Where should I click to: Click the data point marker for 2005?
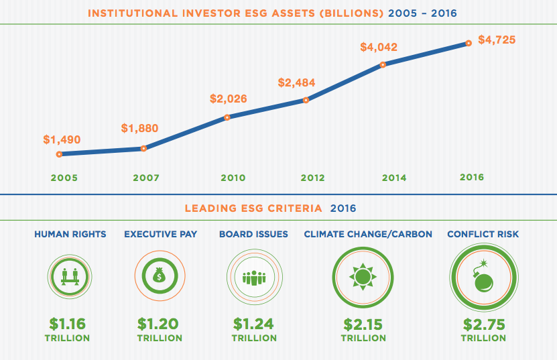click(60, 154)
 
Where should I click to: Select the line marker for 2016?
click(468, 43)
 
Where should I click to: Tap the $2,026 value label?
click(229, 99)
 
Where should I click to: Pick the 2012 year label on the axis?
click(312, 178)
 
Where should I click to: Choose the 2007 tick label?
click(145, 178)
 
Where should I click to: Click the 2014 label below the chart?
click(394, 178)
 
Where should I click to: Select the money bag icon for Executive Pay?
click(159, 276)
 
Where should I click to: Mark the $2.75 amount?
click(483, 324)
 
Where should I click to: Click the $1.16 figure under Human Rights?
click(67, 324)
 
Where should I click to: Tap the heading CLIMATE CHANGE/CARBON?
click(368, 234)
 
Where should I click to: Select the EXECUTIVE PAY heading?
click(160, 234)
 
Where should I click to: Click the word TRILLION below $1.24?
click(254, 338)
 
